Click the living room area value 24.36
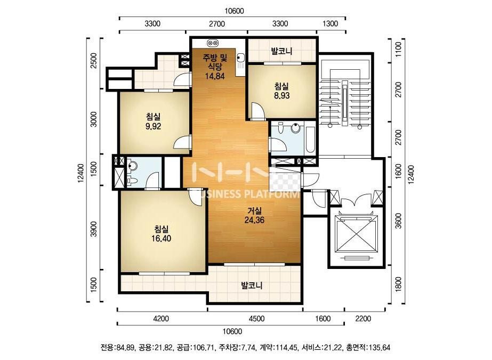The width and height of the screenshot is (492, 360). (254, 220)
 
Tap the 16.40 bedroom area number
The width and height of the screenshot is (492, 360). (162, 239)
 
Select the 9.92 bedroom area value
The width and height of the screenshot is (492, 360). (153, 126)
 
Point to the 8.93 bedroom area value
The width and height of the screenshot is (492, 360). (282, 96)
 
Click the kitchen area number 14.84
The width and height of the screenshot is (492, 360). (215, 76)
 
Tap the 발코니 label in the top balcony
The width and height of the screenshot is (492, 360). (282, 51)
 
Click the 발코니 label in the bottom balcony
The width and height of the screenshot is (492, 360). (252, 285)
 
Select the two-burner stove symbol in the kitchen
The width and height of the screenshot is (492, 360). (213, 43)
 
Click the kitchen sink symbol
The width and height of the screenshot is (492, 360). (240, 58)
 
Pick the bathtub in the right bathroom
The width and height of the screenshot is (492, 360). (310, 140)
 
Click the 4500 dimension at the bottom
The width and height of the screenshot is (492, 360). (256, 319)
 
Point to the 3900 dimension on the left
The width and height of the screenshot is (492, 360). (93, 229)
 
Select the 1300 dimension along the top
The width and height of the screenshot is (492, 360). (330, 24)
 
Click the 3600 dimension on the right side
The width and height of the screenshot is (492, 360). (398, 221)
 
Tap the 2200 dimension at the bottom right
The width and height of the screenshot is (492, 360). (363, 319)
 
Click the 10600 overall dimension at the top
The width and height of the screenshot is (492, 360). (234, 11)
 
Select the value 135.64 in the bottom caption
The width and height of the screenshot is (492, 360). (380, 347)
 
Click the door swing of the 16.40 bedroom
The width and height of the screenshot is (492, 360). (195, 195)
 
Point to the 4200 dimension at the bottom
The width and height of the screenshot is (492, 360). (161, 319)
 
